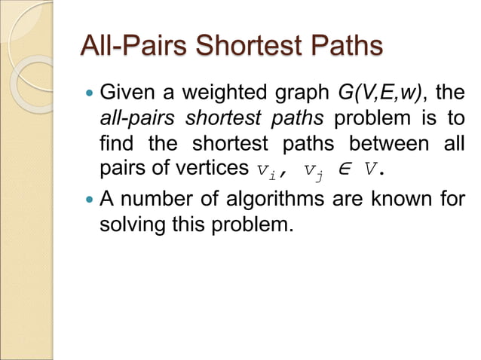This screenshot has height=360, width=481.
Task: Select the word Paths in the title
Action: tap(343, 47)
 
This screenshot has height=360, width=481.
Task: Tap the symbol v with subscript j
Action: tap(312, 169)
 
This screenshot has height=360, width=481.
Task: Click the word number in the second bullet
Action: tap(158, 200)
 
